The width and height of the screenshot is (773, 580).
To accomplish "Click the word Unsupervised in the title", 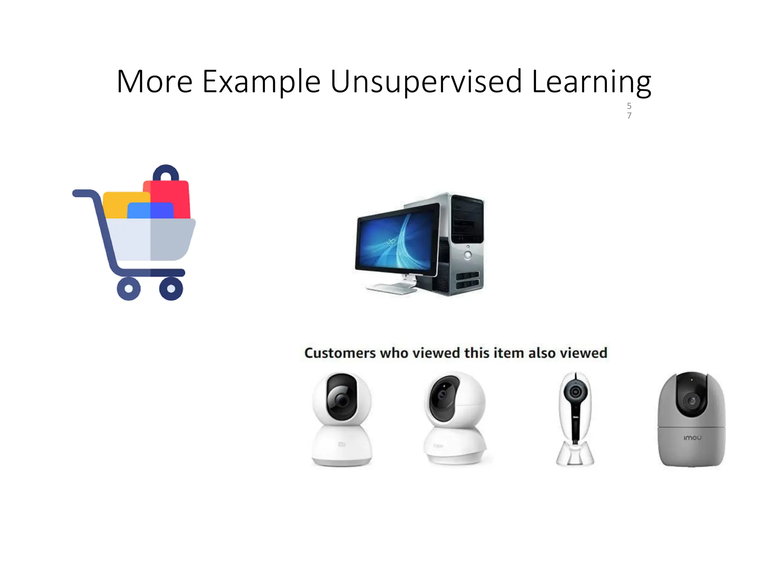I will [426, 82].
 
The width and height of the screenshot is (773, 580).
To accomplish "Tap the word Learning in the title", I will [591, 82].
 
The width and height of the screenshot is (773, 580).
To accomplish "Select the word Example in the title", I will [261, 82].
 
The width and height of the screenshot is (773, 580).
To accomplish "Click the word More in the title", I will [155, 82].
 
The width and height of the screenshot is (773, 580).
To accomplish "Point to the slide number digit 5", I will [629, 106].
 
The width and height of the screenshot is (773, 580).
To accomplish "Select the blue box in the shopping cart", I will [150, 211].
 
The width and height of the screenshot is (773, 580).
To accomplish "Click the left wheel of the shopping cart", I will [129, 289].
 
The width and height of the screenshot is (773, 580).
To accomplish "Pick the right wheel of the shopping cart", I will [171, 289].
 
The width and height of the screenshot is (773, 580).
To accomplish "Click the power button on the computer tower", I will [468, 255].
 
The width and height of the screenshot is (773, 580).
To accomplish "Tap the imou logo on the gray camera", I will [693, 438].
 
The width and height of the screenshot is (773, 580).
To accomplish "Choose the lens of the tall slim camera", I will [576, 392].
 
